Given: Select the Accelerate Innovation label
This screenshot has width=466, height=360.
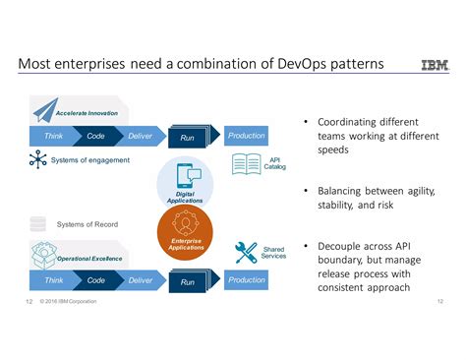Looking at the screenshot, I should pos(87,114).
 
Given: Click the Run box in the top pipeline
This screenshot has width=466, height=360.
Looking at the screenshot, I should pos(189,138).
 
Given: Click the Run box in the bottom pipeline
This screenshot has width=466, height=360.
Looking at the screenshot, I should pos(189,282).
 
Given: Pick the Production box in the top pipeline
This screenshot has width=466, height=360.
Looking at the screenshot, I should pos(246,136).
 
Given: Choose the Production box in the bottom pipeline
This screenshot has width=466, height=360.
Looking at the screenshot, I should pos(246,280).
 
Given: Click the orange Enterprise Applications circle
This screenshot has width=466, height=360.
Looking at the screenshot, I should pos(186,235).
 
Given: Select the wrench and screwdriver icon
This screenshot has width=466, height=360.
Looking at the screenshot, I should pos(246,253).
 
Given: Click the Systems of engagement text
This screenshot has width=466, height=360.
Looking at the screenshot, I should pos(90,160).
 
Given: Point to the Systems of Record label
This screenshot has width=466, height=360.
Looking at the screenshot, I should pos(88,224).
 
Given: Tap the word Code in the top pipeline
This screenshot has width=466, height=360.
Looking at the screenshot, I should pos(95,136).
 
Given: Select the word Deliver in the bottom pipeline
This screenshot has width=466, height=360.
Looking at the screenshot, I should pos(141,280).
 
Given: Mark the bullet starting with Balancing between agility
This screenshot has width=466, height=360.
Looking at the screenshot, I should pos(375,198).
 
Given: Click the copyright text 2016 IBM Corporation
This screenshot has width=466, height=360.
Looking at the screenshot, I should pos(68,301).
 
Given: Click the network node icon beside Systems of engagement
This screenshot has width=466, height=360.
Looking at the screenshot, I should pos(38,159).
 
